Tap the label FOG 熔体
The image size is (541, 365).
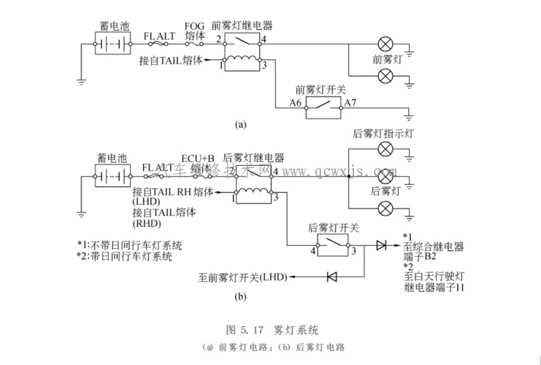(195, 28)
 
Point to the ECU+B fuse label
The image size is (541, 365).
(198, 158)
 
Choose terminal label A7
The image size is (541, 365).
(351, 102)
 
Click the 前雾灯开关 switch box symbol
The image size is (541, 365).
(322, 108)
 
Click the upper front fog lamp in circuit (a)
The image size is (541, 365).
(385, 42)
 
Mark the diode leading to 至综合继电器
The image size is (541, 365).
(380, 245)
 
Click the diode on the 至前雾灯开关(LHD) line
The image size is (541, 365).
(332, 277)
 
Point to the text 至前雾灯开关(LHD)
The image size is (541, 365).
(243, 277)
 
